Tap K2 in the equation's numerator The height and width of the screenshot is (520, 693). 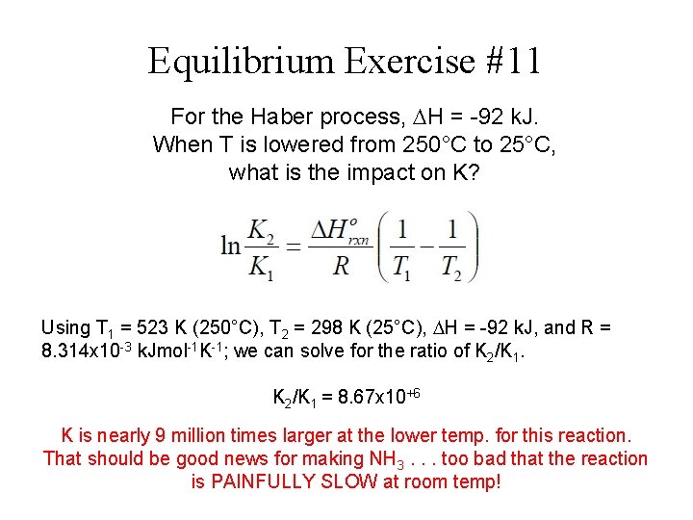[260, 230]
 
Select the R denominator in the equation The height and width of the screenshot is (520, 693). [341, 267]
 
